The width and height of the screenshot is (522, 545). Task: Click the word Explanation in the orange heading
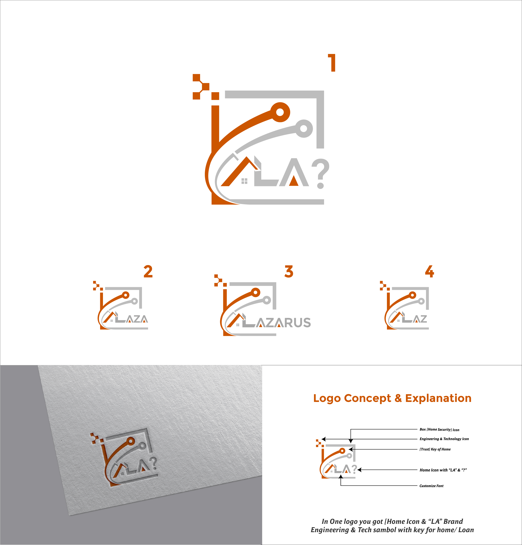point(438,398)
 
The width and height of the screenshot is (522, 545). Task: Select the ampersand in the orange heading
point(398,398)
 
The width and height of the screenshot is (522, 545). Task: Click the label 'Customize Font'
point(431,486)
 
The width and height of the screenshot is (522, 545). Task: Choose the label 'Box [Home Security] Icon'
point(439,430)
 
